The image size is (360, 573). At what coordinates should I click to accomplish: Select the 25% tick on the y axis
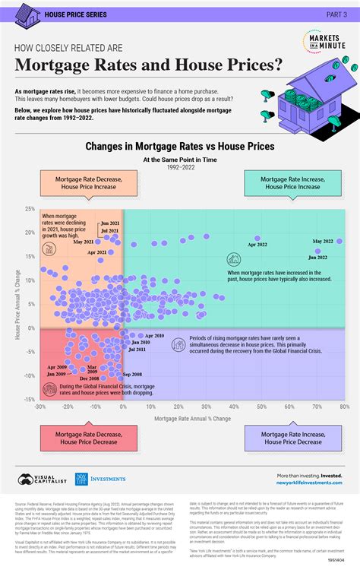click(29, 208)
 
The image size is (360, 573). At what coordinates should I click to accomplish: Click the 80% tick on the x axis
click(344, 407)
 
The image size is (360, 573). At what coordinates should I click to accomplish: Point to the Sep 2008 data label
click(131, 375)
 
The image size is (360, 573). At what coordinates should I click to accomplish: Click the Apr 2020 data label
click(153, 335)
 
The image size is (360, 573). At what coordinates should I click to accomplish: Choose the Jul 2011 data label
click(137, 350)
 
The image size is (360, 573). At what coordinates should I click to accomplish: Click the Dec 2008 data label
click(89, 378)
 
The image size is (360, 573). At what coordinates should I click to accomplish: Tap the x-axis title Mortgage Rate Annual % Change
click(192, 418)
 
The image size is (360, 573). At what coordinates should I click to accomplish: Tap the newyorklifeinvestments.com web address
click(304, 483)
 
